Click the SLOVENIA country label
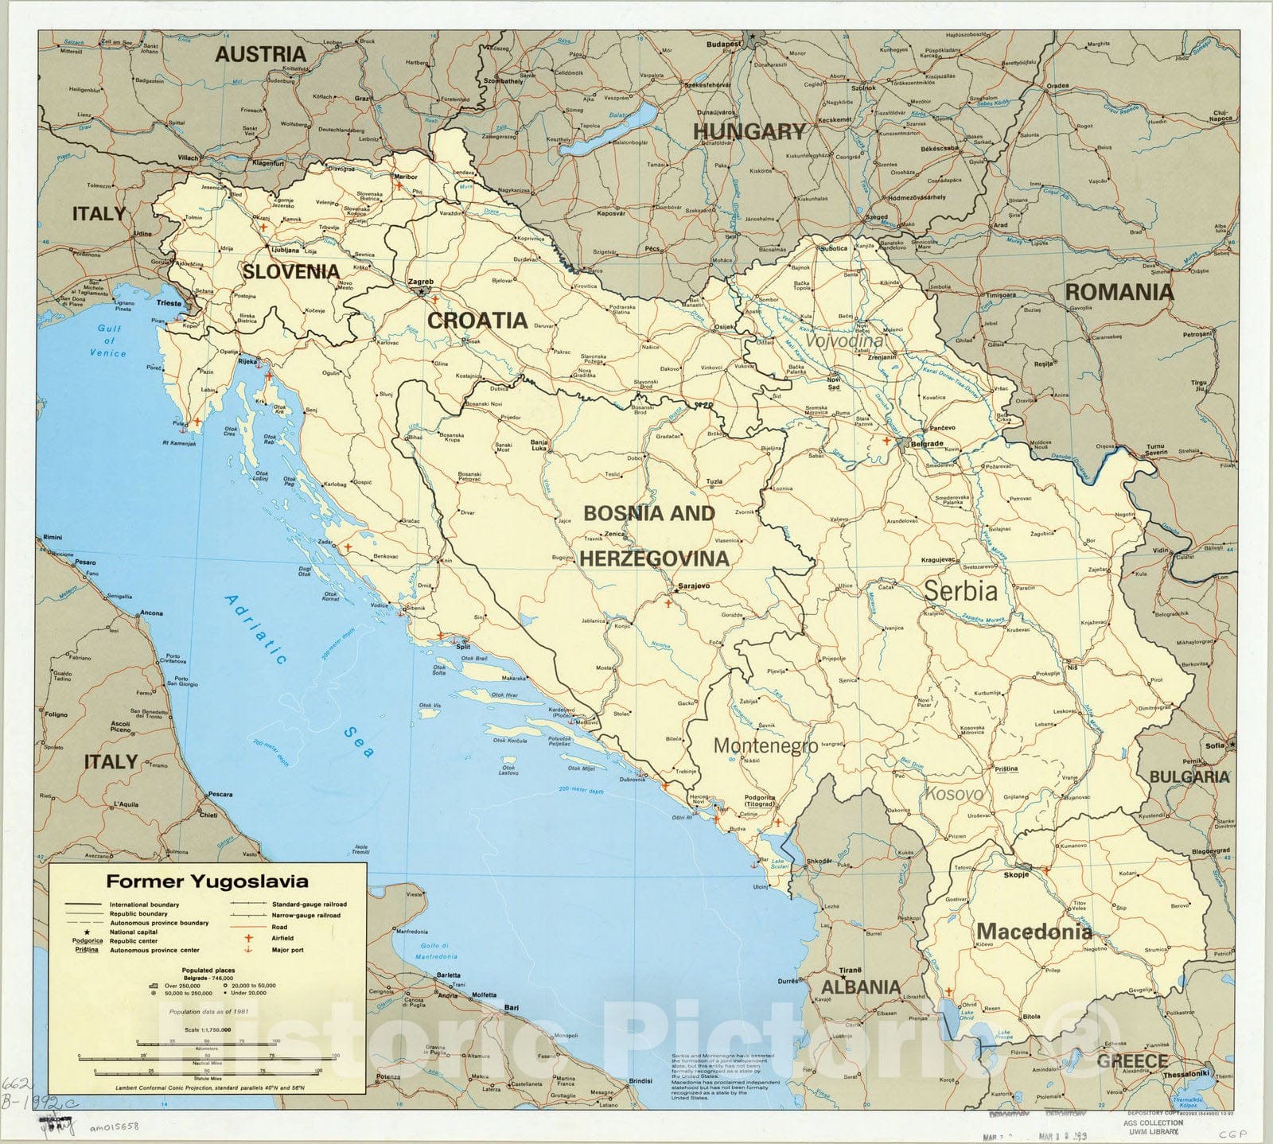[x=291, y=271]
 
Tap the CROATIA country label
[x=477, y=321]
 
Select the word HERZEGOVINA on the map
[x=654, y=558]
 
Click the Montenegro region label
[x=765, y=745]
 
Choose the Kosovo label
[x=953, y=794]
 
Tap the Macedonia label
[x=1034, y=931]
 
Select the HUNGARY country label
[x=749, y=131]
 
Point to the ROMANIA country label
[x=1119, y=292]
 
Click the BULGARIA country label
[x=1189, y=776]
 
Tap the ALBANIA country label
[x=861, y=987]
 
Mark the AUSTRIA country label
[x=261, y=54]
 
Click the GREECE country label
[x=1132, y=1060]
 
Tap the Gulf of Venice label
[x=108, y=340]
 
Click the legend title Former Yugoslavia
[x=208, y=881]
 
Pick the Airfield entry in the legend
[x=282, y=938]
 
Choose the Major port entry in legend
[x=286, y=949]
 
